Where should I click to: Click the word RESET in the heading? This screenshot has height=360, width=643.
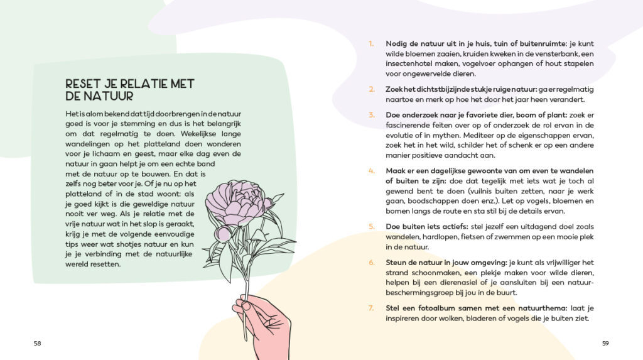(83, 84)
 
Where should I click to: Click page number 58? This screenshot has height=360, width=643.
(38, 343)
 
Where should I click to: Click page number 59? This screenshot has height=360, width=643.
(605, 343)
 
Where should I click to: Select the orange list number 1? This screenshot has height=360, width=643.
(371, 43)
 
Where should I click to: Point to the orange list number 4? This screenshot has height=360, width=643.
(371, 171)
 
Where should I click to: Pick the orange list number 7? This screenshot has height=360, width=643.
(371, 308)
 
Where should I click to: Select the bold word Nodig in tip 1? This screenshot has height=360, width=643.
(397, 43)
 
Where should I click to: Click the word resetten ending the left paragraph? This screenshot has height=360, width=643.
(104, 263)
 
